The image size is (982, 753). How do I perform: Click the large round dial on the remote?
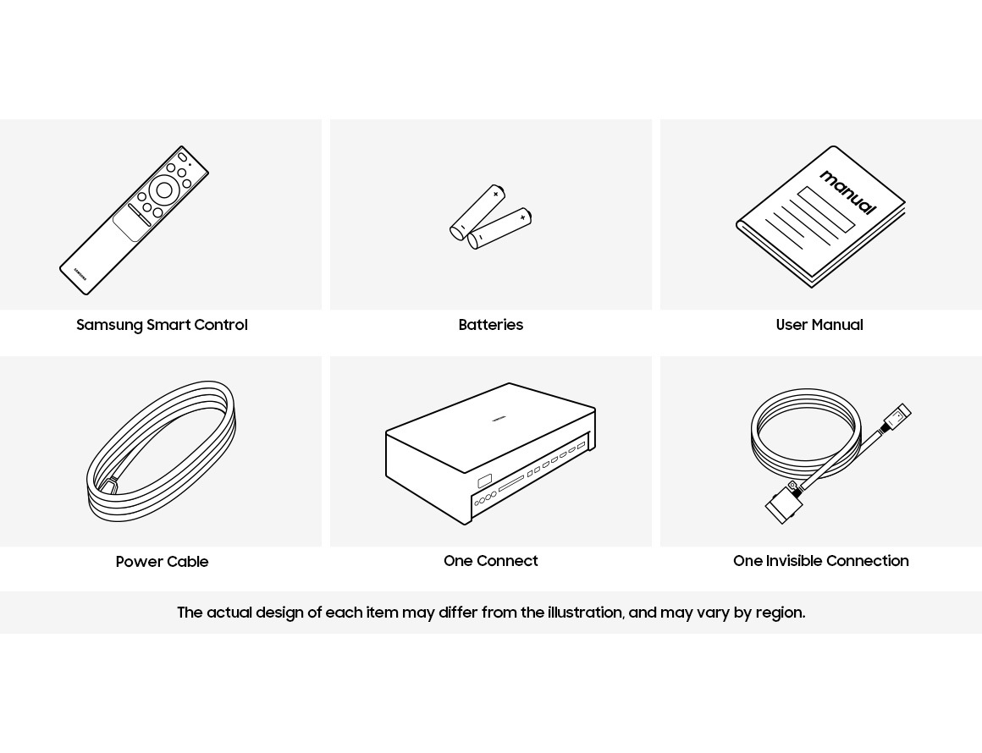coord(164,190)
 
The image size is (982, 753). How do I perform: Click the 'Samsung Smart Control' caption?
coord(162,325)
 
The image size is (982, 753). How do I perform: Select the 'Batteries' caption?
coord(490,325)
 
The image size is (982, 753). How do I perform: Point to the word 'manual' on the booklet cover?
coord(848,192)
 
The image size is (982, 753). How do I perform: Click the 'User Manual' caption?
coord(819,325)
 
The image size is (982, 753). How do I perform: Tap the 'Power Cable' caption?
coord(162,562)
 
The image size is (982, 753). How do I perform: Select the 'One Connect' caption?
coord(490,561)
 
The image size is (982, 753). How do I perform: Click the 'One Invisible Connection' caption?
coord(820,561)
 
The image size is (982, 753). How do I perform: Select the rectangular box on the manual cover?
coord(826,209)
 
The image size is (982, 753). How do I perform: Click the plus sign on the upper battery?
coord(495,194)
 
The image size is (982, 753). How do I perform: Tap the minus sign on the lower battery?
coord(479,238)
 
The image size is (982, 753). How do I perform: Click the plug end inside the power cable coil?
coord(112,484)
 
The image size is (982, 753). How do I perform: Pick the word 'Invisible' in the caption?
coord(793,561)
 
